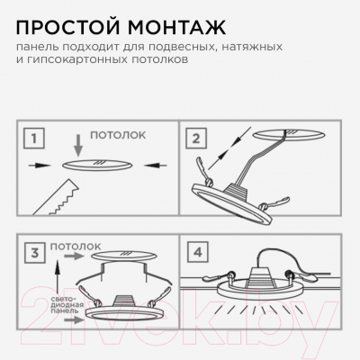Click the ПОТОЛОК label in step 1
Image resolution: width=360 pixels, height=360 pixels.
[116, 134]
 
